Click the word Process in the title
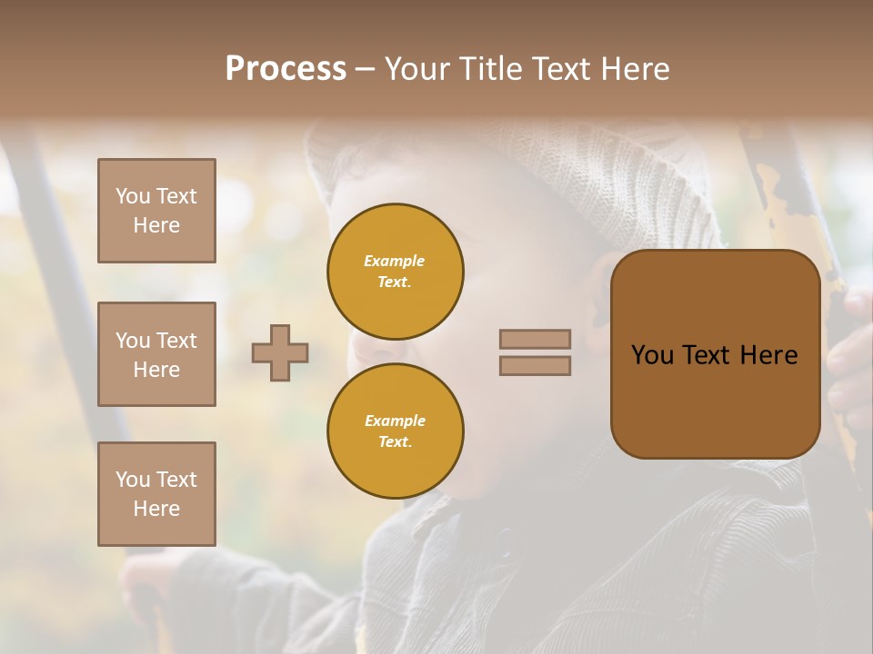coord(286,69)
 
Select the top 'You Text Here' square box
coord(156,211)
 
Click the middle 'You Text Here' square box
coord(156,354)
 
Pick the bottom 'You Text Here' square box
coord(156,494)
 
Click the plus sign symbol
coord(280,352)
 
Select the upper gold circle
coord(395,271)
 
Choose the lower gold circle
coord(395,431)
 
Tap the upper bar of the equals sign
coord(535,339)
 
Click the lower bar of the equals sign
coord(535,365)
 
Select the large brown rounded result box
coord(715,354)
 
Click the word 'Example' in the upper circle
coord(395,261)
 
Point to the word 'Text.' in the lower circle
coord(395,441)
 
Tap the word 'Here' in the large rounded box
coord(768,355)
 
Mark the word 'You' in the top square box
coord(132,196)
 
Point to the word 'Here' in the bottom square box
coord(156,509)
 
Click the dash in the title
coord(365,70)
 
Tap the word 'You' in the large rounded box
coord(653,355)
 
